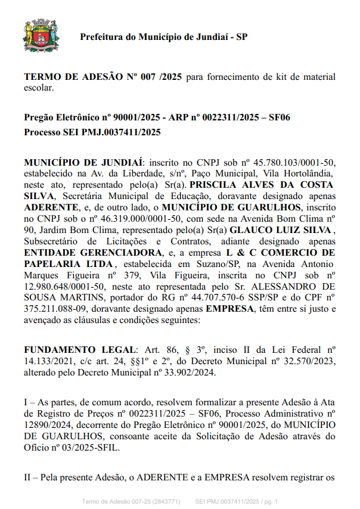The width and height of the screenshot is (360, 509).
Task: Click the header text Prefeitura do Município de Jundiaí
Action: click(164, 37)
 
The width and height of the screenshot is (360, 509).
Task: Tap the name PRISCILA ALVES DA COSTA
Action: click(262, 185)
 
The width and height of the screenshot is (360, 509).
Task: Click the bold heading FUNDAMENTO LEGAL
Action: click(80, 349)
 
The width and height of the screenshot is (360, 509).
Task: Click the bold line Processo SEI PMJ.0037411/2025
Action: click(92, 132)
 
